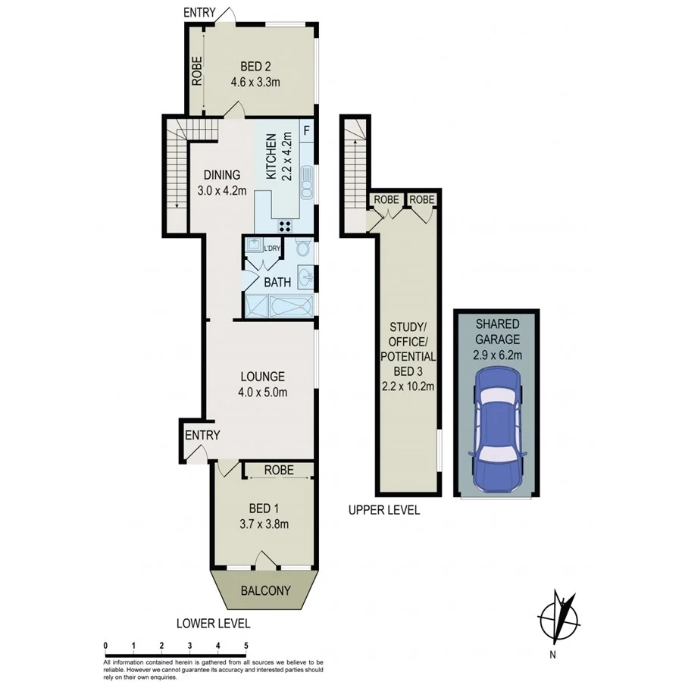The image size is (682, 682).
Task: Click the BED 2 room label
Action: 255,65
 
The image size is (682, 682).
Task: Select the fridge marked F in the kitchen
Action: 307,130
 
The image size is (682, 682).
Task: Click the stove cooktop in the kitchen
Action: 286,224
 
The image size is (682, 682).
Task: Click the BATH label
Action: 277,283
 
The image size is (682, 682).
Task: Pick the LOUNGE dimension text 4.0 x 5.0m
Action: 262,392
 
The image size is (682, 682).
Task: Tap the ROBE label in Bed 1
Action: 279,471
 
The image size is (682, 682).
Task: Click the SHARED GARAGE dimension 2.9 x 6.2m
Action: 496,354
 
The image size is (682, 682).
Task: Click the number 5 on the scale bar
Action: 246,646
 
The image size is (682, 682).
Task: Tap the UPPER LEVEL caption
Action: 383,511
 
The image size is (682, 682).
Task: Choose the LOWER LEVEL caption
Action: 213,624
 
